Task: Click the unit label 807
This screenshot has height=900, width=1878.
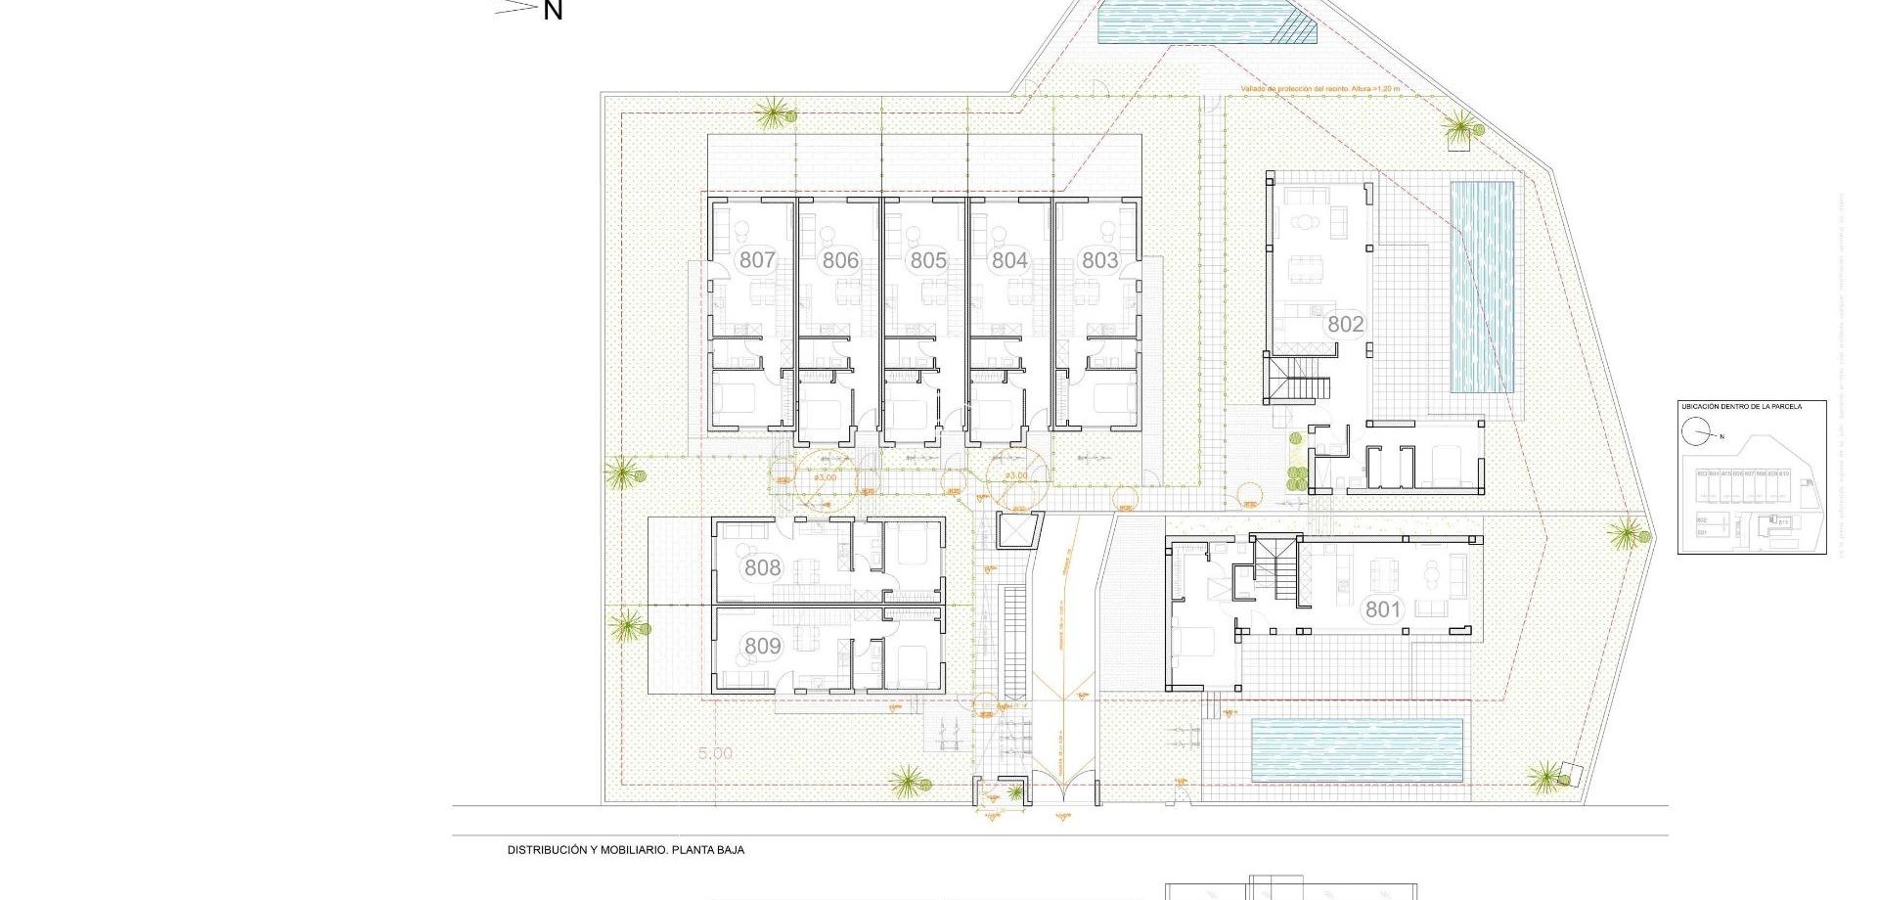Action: (x=757, y=260)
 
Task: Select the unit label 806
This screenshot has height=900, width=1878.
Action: (x=840, y=260)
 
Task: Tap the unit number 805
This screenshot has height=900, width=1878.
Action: (x=928, y=260)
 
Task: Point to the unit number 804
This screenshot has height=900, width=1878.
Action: (x=1009, y=260)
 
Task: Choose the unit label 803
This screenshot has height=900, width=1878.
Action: (x=1099, y=260)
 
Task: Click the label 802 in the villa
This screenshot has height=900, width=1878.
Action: (x=1345, y=324)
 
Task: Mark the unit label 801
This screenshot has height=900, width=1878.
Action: (x=1383, y=609)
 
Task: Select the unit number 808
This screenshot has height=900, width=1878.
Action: (x=762, y=567)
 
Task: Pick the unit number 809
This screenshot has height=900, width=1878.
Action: (x=762, y=646)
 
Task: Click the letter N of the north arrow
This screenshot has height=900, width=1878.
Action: (x=553, y=12)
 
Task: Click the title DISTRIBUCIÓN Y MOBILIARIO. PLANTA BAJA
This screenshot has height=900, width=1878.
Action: (x=625, y=850)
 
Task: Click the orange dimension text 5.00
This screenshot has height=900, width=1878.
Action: (x=715, y=753)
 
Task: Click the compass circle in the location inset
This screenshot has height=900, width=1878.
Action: (x=1695, y=431)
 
